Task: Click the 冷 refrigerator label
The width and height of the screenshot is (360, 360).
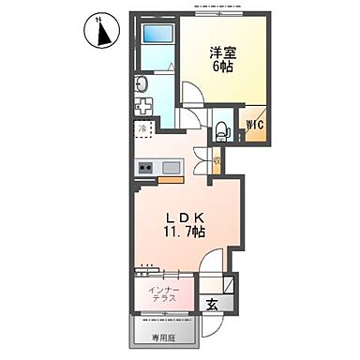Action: pos(142,128)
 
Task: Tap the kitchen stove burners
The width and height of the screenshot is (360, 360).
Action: pos(146,168)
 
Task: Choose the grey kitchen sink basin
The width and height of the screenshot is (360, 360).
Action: pos(171,168)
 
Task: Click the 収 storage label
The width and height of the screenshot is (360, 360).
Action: pos(217,161)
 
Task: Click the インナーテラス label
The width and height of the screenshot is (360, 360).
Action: pos(165,296)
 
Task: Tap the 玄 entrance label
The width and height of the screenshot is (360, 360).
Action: pos(212,303)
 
